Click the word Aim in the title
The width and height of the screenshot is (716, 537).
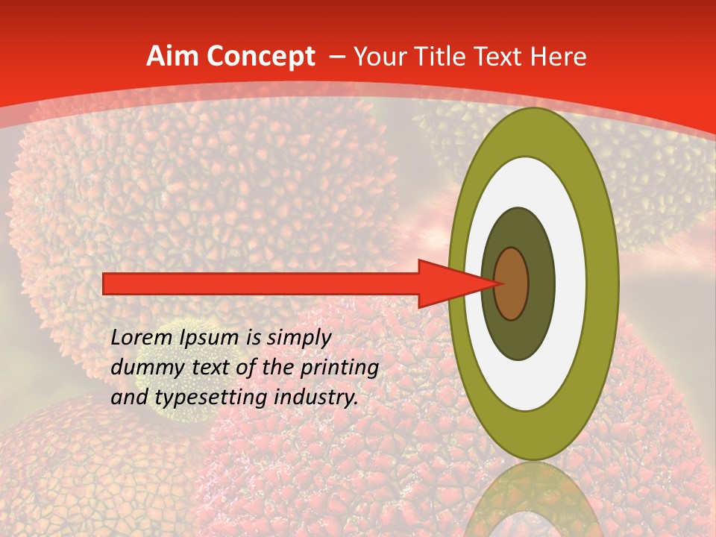click(172, 57)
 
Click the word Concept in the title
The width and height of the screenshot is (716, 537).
click(260, 57)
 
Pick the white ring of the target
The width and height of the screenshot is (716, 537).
click(570, 283)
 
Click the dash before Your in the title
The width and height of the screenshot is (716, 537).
click(336, 57)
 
